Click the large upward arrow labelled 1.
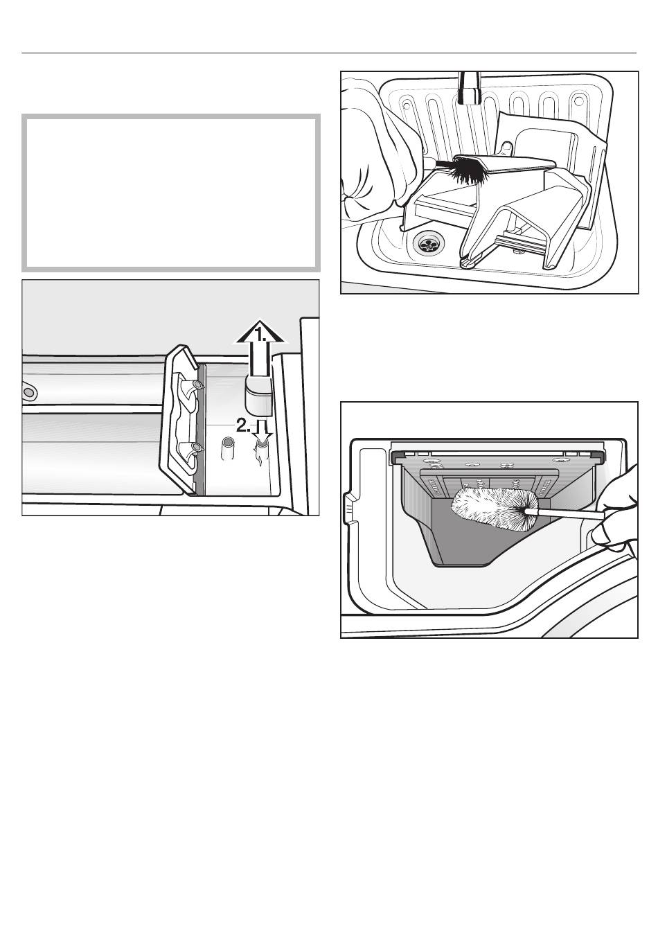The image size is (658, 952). (x=260, y=349)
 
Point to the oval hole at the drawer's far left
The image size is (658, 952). (x=28, y=391)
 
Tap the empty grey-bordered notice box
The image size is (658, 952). (x=171, y=193)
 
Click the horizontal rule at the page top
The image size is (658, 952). (x=329, y=53)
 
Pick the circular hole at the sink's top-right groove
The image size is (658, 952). (x=578, y=103)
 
